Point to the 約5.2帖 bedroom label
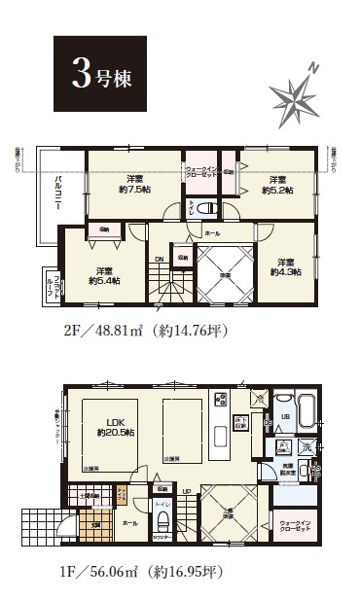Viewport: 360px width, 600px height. [277, 186]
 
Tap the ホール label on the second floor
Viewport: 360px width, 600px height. [212, 234]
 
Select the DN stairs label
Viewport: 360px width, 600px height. [159, 259]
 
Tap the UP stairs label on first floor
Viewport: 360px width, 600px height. [186, 491]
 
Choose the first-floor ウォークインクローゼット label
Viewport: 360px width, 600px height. [296, 526]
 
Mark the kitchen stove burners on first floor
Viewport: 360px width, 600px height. [219, 400]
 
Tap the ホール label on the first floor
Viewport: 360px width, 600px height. [130, 522]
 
